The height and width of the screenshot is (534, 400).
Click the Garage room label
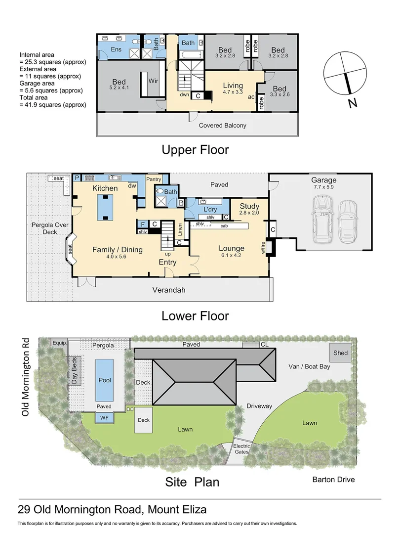tap(323, 180)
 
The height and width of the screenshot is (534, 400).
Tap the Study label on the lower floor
tap(249, 206)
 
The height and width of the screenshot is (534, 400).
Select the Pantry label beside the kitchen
tap(154, 179)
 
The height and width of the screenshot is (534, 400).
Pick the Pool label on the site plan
tap(105, 380)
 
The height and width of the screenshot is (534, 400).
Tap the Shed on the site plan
tap(340, 353)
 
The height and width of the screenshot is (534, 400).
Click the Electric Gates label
tap(241, 449)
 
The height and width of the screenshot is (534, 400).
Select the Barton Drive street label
tap(333, 480)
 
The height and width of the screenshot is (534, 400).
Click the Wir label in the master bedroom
tap(153, 81)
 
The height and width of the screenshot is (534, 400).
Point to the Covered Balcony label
tap(222, 125)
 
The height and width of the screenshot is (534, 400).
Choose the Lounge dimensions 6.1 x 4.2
tap(231, 255)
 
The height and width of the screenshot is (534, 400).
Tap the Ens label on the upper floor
tap(116, 49)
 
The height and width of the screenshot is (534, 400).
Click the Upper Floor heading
tap(195, 150)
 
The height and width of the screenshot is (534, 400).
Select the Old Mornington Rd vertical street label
tap(26, 377)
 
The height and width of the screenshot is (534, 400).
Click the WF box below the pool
tap(104, 417)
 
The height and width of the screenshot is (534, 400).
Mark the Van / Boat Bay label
tap(309, 366)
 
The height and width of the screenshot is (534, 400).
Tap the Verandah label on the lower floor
tap(169, 290)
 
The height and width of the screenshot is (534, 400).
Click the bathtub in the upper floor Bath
tap(191, 55)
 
